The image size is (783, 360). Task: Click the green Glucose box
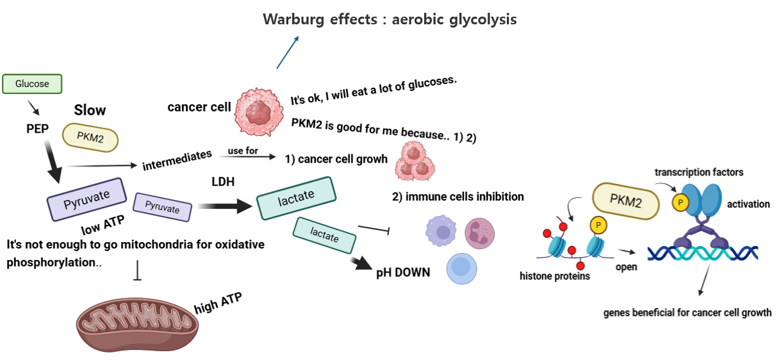point(32,84)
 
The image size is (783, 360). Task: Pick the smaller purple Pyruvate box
point(162,207)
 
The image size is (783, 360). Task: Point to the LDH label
point(223,183)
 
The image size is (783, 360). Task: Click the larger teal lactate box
point(297,197)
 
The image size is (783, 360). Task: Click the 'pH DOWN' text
point(403,272)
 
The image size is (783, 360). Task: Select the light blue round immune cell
point(463,268)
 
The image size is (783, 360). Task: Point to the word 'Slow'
point(90,110)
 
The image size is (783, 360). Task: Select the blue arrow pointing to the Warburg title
point(287,52)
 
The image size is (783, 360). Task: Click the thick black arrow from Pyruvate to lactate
point(224,206)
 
